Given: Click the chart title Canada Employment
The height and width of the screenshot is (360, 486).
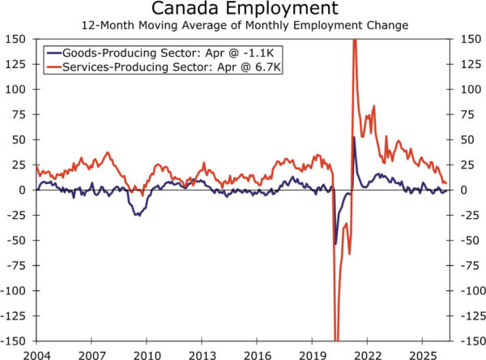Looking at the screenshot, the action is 245,8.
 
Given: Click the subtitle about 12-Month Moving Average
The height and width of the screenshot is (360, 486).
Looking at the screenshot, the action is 245,25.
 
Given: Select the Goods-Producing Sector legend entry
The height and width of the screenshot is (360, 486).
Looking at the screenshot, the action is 160,53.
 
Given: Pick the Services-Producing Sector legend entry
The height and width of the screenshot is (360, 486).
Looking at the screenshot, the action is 164,67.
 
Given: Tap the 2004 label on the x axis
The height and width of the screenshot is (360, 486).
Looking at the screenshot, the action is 36,355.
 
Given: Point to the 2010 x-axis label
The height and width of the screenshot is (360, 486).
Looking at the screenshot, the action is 147,355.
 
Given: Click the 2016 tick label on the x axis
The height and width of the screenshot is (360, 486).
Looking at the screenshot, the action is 257,355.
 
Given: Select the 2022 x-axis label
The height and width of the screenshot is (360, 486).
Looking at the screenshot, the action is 367,355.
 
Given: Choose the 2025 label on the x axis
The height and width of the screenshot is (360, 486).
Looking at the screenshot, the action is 423,355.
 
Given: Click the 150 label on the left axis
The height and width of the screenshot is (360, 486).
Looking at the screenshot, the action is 15,39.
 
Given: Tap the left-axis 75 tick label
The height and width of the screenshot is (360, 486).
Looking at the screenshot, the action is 19,114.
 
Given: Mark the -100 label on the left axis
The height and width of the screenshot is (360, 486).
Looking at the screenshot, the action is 13,290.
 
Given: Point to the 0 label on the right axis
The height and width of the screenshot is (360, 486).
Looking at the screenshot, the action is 464,190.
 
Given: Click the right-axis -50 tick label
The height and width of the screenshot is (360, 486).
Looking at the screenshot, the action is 470,240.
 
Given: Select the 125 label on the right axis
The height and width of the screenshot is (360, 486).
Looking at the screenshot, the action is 471,64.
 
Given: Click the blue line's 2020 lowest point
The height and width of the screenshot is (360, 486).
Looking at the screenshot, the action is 335,244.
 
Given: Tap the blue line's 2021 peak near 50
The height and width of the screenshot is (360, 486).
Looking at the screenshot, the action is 354,136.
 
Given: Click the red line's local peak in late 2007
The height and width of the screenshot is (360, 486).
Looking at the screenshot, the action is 108,152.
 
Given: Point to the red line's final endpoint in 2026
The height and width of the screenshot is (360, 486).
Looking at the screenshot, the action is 446,183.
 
